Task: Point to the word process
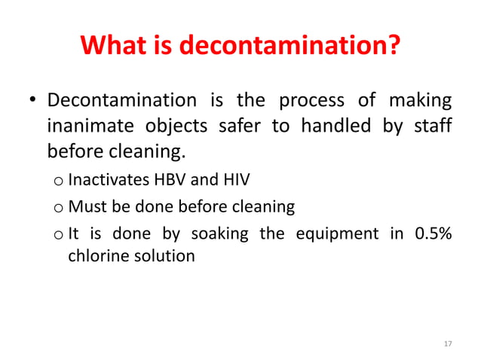(311, 100)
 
